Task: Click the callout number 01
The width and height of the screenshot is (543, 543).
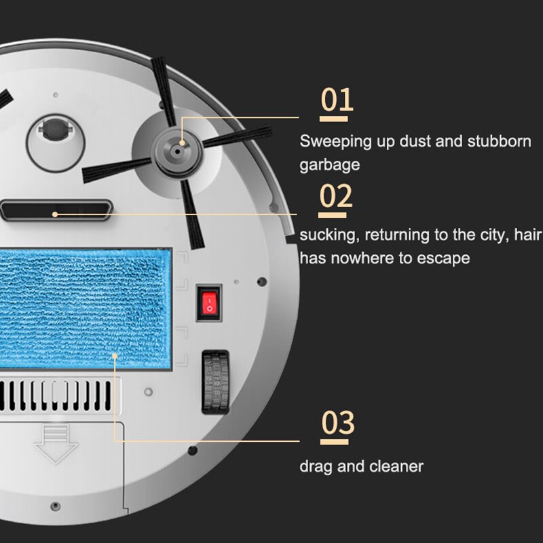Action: pyautogui.click(x=337, y=100)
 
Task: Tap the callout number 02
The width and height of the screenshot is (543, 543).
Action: pyautogui.click(x=336, y=196)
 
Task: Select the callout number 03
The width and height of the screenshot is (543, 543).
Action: pyautogui.click(x=337, y=422)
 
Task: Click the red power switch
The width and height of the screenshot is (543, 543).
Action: pyautogui.click(x=209, y=301)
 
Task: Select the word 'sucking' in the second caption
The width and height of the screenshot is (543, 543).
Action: pyautogui.click(x=329, y=236)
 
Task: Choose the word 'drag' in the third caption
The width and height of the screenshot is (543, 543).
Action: pyautogui.click(x=314, y=466)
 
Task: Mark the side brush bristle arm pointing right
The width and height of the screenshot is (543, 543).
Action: pyautogui.click(x=238, y=135)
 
